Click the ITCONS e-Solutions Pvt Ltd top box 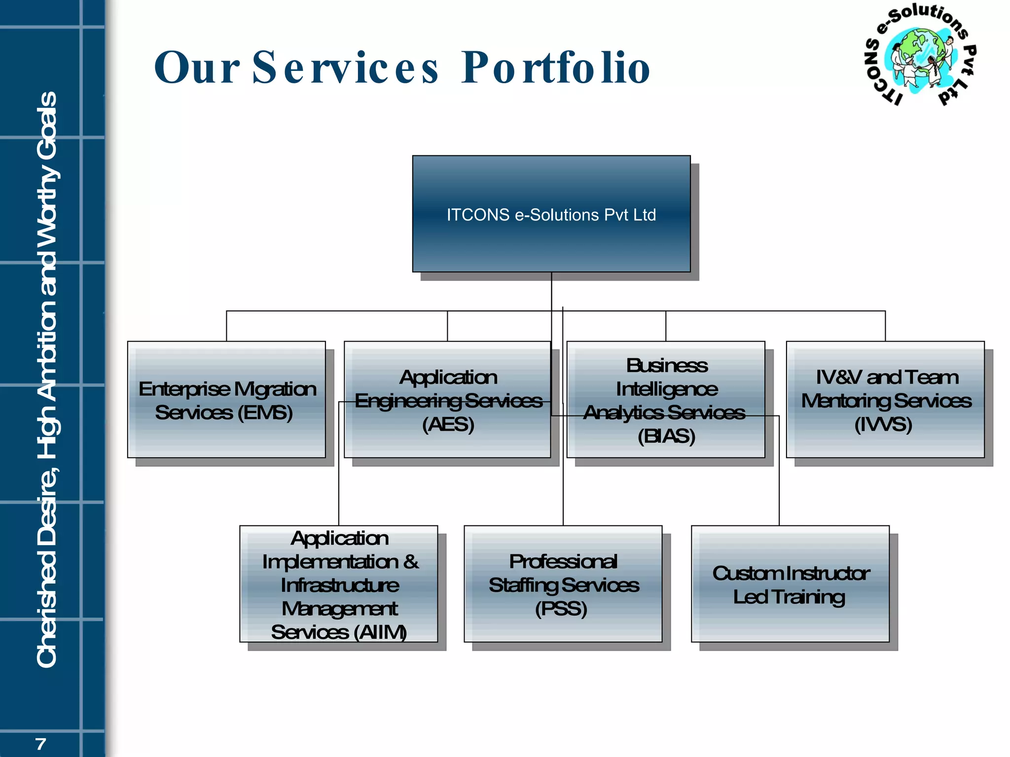[x=551, y=214]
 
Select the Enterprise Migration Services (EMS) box [x=226, y=400]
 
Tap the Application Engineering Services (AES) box [x=447, y=400]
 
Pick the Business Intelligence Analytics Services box [x=666, y=400]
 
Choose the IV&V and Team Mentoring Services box [x=885, y=400]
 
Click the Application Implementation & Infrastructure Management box [x=339, y=584]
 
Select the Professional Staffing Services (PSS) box [x=563, y=584]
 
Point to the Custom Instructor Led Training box [x=790, y=584]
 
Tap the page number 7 [x=41, y=744]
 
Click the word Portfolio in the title [x=556, y=68]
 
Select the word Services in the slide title [x=345, y=68]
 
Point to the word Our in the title [x=197, y=68]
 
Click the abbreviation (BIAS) [x=666, y=436]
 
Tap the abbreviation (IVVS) [x=883, y=424]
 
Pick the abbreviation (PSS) [x=561, y=609]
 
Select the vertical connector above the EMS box [x=226, y=326]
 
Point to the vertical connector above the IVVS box [x=885, y=326]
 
